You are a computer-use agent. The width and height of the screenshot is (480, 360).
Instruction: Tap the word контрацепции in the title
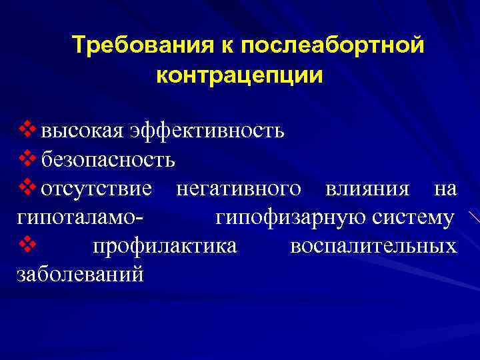(239, 75)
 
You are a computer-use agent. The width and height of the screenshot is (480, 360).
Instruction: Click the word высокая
(81, 130)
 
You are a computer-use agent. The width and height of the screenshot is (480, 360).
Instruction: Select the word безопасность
(108, 160)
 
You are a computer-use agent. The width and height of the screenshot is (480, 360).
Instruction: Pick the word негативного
(238, 189)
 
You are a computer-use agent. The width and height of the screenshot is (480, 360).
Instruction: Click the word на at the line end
(445, 189)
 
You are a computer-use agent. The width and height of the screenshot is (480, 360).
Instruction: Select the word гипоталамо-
(81, 219)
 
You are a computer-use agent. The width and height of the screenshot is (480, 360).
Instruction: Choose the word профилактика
(164, 247)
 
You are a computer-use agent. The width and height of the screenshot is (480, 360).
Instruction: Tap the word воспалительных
(373, 247)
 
